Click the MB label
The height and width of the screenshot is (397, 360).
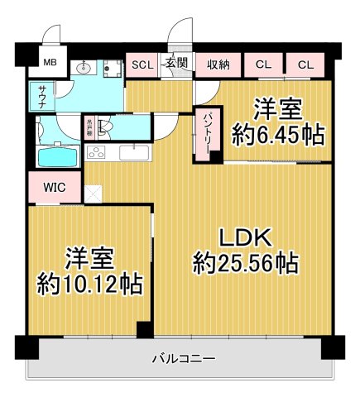(x=49, y=62)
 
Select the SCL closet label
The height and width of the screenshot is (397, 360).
(x=140, y=64)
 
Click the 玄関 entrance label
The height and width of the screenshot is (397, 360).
(x=176, y=64)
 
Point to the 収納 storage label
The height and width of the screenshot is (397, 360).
(x=218, y=64)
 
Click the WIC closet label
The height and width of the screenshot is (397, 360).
(x=55, y=187)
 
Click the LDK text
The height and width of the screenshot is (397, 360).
(x=245, y=237)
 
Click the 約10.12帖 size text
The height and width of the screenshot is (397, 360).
(x=89, y=283)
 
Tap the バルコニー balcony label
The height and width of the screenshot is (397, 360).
(x=184, y=359)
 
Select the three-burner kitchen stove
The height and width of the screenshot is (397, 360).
(x=96, y=152)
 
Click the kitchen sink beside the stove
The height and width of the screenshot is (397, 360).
(x=135, y=152)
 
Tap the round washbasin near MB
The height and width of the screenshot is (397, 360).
(x=82, y=69)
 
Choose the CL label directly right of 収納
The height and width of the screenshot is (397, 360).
(x=263, y=64)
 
